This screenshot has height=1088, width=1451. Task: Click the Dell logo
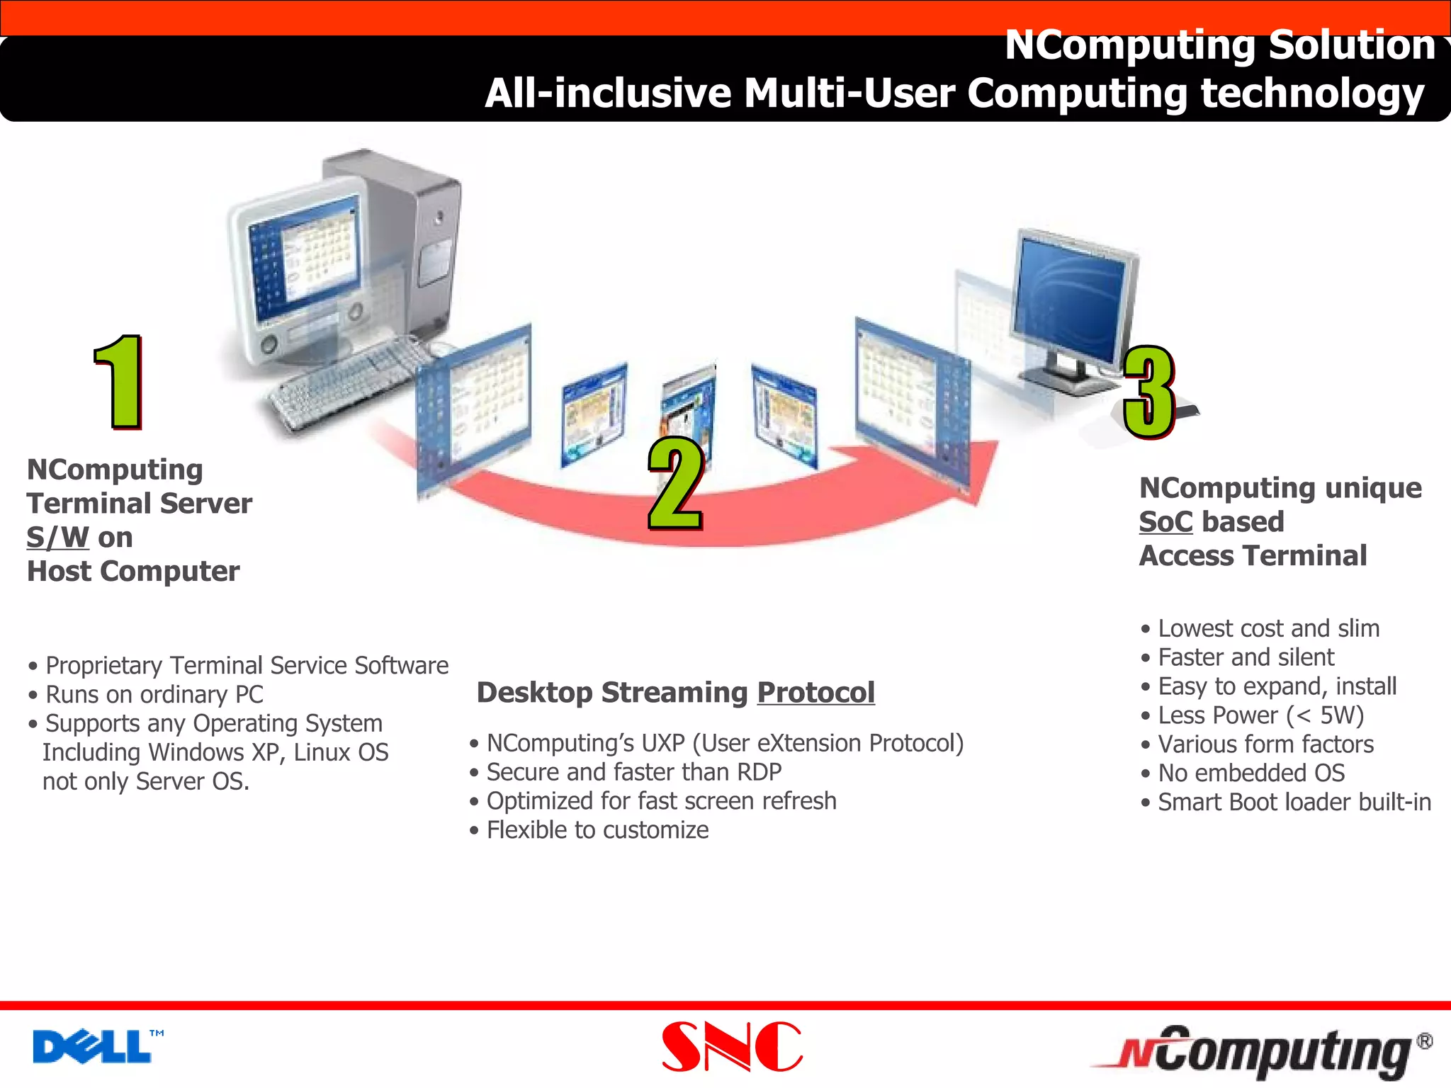click(92, 1047)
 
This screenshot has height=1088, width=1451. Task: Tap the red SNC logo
click(732, 1047)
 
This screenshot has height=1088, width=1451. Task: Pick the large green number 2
click(675, 484)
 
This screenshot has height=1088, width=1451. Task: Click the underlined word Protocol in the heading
click(815, 692)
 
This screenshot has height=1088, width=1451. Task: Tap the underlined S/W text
click(58, 538)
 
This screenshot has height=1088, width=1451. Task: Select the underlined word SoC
click(1165, 522)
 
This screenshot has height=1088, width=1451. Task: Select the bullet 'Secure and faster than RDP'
click(633, 772)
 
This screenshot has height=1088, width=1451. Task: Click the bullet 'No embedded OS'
click(1250, 773)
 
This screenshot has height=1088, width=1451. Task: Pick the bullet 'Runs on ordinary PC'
click(154, 695)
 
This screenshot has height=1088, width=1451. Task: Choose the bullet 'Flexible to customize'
click(597, 830)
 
